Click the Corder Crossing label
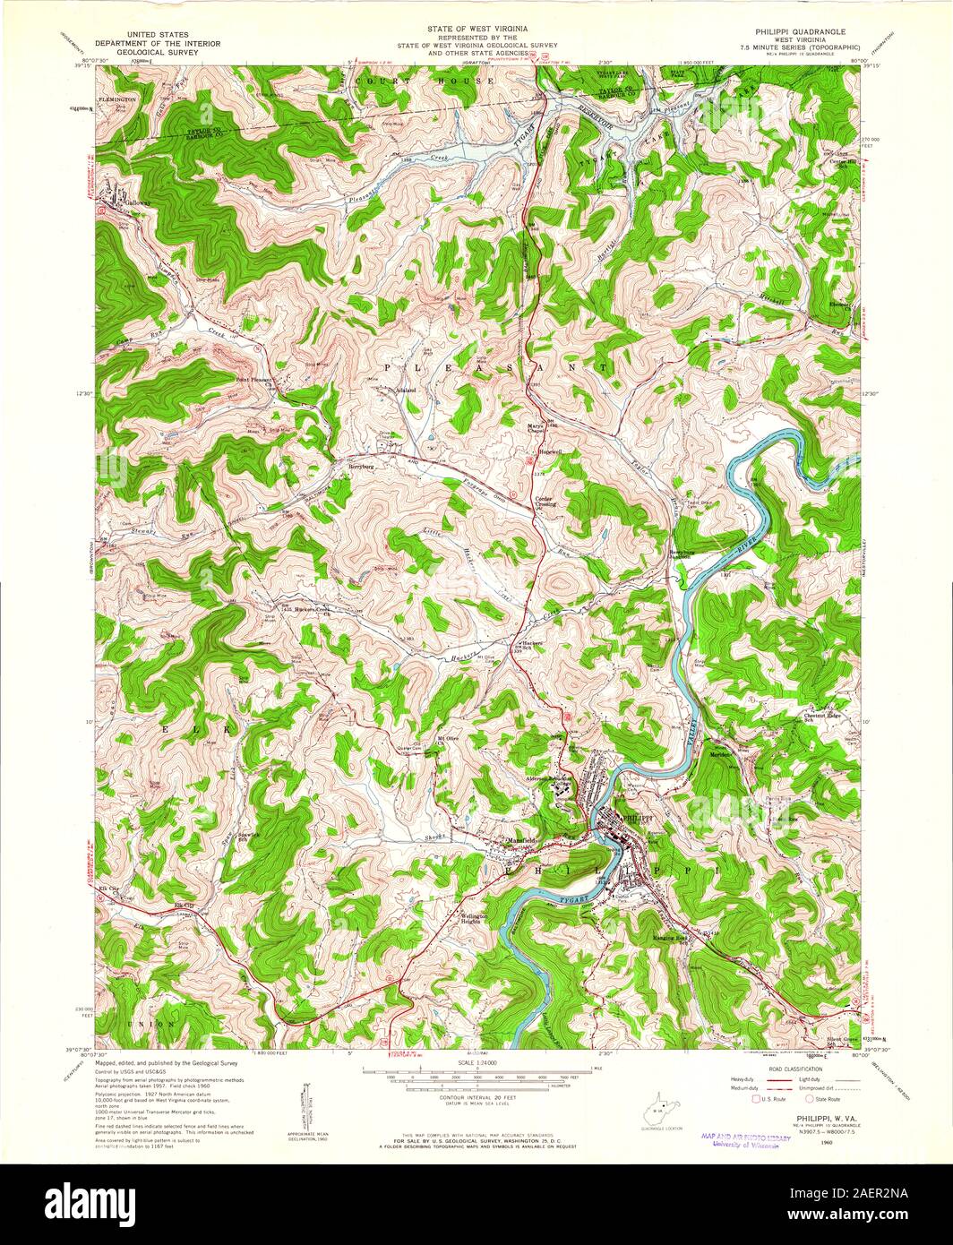click(546, 500)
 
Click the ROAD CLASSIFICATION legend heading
click(786, 1069)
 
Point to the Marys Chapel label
click(536, 427)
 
